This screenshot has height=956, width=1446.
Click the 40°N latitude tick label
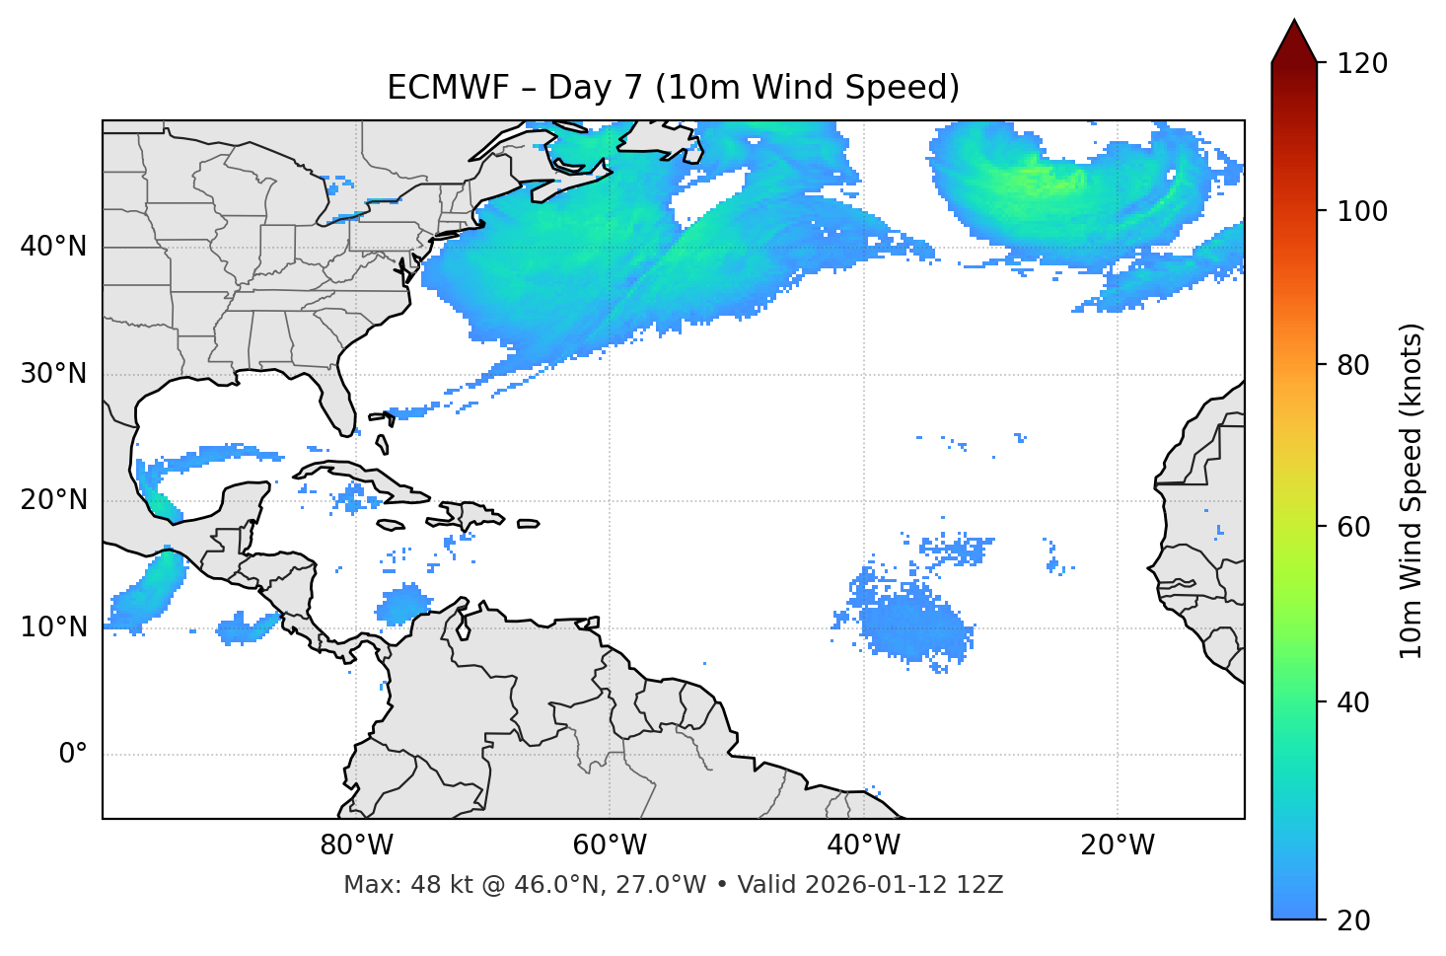53,247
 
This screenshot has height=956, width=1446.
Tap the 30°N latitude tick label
53,374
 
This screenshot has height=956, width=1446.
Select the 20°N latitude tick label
53,500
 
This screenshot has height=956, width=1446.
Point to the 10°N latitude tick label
53,627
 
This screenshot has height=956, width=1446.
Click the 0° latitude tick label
73,755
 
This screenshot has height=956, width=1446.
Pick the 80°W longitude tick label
356,846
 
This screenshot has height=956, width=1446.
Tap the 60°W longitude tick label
610,846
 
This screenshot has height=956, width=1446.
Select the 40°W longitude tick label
863,846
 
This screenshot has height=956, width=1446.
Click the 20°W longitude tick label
1118,846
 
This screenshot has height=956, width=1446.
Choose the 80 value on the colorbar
1353,365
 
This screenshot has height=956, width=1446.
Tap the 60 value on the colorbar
1353,527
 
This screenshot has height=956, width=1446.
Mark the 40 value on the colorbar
1353,702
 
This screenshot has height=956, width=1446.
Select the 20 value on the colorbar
1353,920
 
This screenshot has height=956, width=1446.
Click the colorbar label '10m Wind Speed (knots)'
1411,490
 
